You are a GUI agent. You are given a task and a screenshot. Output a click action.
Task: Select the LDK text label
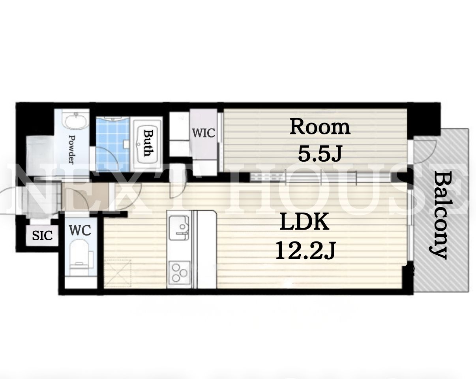tap(305, 221)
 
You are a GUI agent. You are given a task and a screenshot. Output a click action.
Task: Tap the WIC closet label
tap(204, 133)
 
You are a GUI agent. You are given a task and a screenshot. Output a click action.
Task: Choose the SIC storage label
tap(42, 236)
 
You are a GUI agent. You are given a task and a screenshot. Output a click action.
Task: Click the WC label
tap(80, 230)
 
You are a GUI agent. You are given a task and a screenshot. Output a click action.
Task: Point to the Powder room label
tap(72, 150)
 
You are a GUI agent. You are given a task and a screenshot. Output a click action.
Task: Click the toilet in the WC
tap(79, 257)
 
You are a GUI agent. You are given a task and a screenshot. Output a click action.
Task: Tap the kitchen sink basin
tap(179, 228)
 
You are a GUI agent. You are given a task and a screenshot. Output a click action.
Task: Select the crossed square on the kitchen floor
tap(118, 274)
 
